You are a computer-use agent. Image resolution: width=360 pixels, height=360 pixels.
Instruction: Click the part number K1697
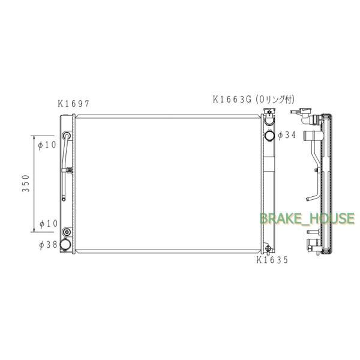[x=73, y=104]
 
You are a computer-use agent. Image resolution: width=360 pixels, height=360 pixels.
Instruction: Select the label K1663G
[x=232, y=100]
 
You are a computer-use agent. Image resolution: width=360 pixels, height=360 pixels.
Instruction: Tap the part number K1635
[x=272, y=260]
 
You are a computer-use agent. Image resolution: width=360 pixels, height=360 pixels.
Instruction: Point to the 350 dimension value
[x=26, y=183]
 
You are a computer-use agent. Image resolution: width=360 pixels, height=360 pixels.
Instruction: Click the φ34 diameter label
[x=287, y=135]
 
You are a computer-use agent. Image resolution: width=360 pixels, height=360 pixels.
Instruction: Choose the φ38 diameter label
[x=48, y=245]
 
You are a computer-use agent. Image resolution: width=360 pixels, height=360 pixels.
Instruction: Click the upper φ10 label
[x=47, y=145]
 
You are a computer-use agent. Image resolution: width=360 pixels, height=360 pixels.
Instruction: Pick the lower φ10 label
[x=49, y=223]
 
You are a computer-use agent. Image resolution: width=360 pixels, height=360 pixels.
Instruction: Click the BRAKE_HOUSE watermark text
[x=307, y=218]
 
